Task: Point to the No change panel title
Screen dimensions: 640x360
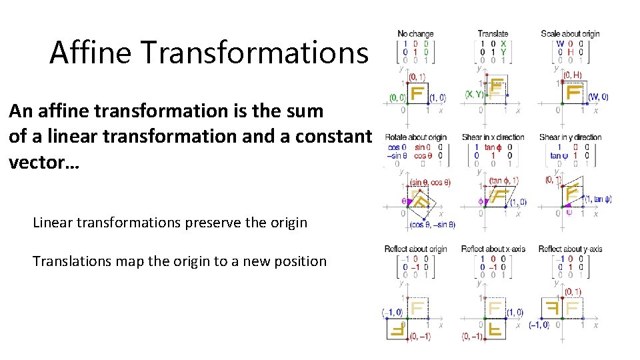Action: tap(415, 33)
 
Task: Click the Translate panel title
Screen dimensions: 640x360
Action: tap(493, 33)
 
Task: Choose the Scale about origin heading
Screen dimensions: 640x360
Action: tap(570, 33)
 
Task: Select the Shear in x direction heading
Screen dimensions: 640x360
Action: tap(493, 137)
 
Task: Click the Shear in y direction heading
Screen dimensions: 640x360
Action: tap(571, 137)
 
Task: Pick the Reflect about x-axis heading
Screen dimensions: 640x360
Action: tap(493, 249)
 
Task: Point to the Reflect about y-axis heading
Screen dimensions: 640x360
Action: tap(570, 249)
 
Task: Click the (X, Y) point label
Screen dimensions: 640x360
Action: tap(475, 94)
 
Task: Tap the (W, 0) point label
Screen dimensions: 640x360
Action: tap(597, 97)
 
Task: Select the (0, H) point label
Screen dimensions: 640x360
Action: tap(571, 75)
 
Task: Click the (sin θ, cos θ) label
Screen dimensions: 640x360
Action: tap(430, 182)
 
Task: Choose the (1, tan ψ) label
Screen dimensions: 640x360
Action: tap(599, 199)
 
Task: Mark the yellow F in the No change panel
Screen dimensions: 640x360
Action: tap(417, 92)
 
